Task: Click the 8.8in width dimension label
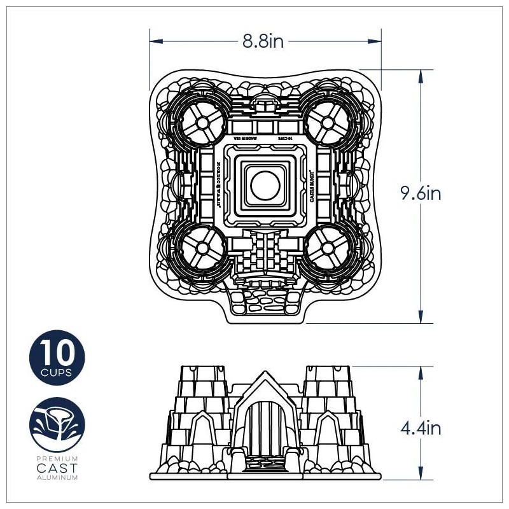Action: coord(263,41)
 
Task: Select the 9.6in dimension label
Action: coord(420,193)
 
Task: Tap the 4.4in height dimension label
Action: coord(420,428)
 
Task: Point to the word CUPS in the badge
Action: coord(57,371)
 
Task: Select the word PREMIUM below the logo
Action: coord(57,458)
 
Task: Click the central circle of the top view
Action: coord(263,185)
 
